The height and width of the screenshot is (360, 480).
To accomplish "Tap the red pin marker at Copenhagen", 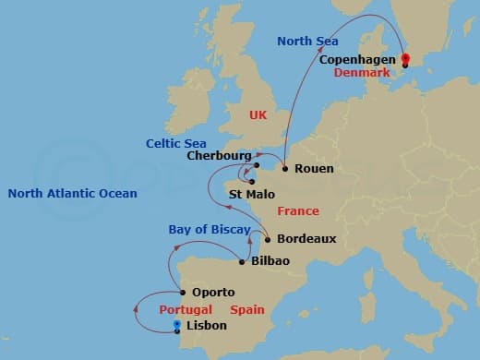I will tap(404, 60).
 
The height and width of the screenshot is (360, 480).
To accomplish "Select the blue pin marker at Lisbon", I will tap(177, 324).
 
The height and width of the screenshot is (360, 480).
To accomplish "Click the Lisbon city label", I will tap(207, 326).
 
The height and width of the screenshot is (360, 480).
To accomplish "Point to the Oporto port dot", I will tap(181, 292).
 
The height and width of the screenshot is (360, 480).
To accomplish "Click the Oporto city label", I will tap(212, 293).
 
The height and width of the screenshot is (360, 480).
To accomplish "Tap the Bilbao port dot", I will tap(242, 261).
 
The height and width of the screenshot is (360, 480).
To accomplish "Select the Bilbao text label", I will tap(270, 261).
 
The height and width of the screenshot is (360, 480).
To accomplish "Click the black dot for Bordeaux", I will tap(267, 239).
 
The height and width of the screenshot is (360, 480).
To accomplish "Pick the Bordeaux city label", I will tap(306, 239).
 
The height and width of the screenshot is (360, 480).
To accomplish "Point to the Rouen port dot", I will tap(284, 169).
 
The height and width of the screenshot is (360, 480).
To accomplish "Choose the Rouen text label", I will tap(314, 169).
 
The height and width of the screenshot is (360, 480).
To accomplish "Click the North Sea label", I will tap(307, 42).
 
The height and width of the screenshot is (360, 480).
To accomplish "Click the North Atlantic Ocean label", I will tap(72, 193).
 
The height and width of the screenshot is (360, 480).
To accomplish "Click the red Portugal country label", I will tap(186, 309).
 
